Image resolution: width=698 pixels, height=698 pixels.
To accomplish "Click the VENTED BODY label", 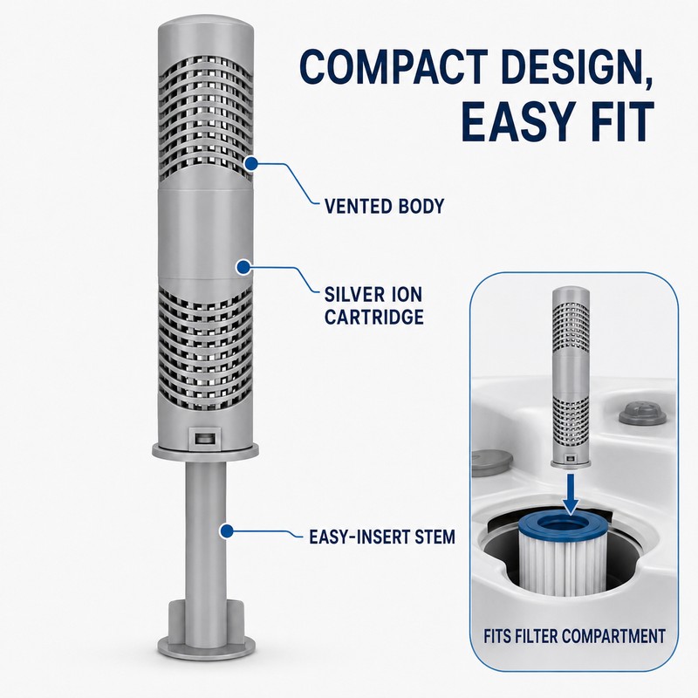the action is tap(384, 206).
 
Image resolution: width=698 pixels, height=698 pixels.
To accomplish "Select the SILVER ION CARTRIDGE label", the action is tap(373, 306).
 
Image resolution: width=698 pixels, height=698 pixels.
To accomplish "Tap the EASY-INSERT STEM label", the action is tap(382, 537).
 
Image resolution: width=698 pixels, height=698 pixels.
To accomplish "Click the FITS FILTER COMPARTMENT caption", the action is tap(574, 636).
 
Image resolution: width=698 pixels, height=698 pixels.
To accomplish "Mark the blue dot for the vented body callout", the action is tap(251, 163).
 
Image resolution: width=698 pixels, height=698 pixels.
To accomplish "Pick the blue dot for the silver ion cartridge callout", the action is tap(243, 267).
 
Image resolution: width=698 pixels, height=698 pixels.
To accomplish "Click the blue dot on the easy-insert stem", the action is tap(227, 530).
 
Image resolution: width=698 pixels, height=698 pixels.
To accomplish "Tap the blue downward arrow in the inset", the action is tap(571, 493).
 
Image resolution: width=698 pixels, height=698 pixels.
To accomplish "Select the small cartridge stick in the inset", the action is tap(571, 377).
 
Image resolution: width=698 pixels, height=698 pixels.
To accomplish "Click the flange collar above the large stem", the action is tap(205, 451).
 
